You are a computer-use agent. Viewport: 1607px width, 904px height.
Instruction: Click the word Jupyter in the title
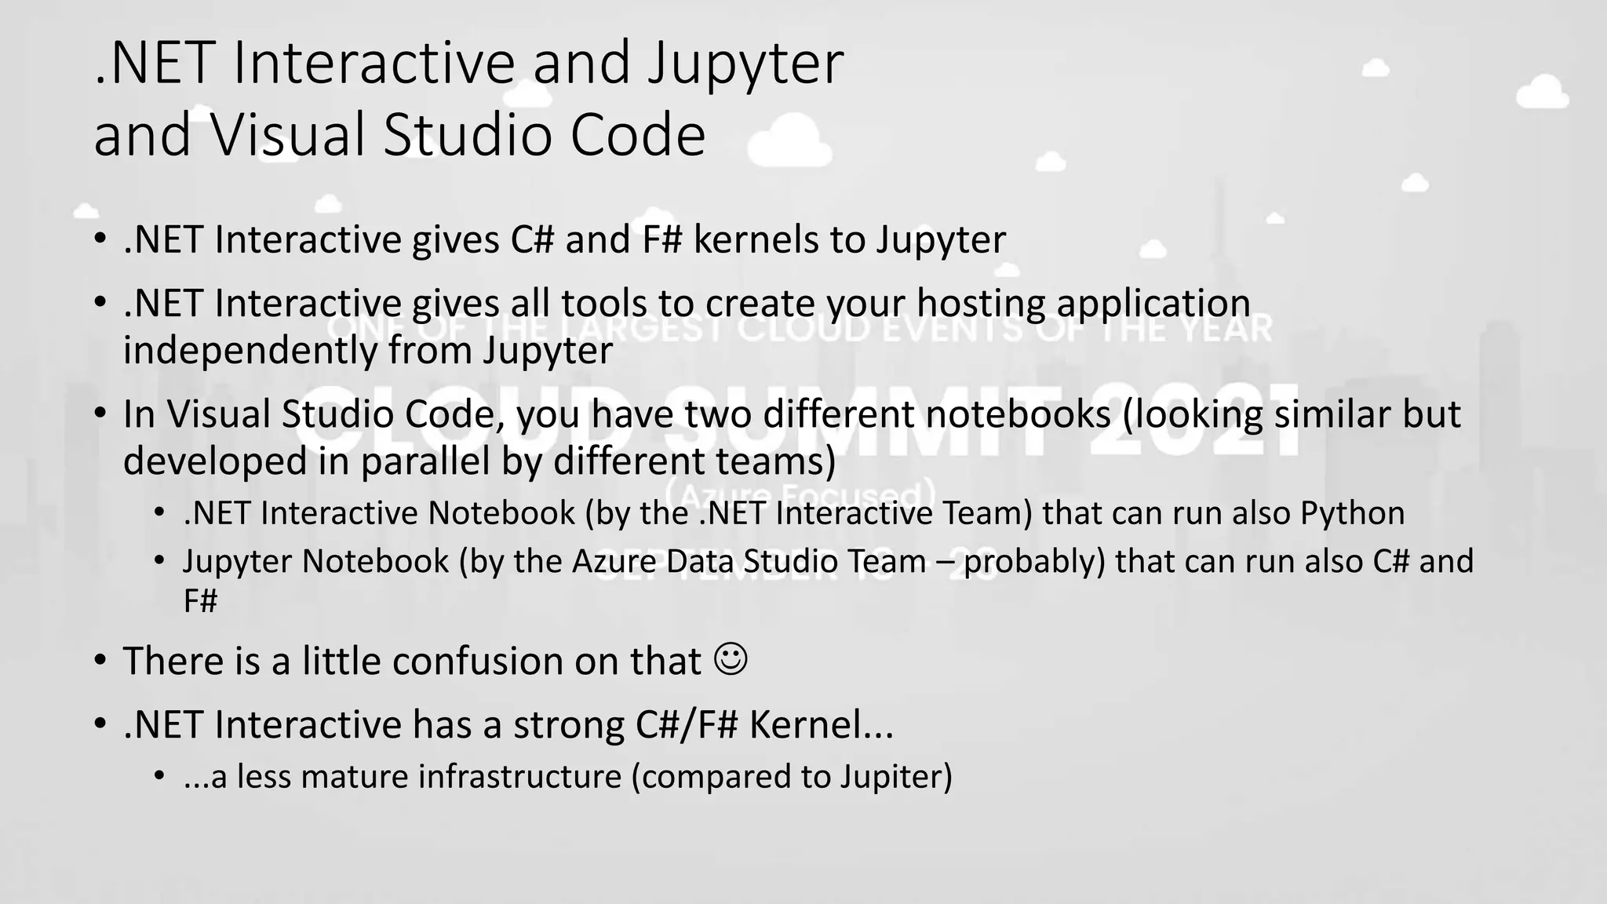click(745, 64)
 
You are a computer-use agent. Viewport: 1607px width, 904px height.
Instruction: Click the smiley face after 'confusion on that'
click(731, 659)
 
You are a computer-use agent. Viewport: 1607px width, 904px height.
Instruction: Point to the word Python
click(1352, 513)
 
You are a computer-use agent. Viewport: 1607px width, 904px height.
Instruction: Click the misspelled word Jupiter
click(896, 777)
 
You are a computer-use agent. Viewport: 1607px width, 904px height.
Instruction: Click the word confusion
click(477, 661)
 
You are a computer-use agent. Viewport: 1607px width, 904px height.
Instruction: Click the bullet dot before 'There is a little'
click(100, 660)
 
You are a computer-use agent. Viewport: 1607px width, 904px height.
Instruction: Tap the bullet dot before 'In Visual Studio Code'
click(100, 414)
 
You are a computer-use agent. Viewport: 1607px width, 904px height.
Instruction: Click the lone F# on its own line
click(200, 601)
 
